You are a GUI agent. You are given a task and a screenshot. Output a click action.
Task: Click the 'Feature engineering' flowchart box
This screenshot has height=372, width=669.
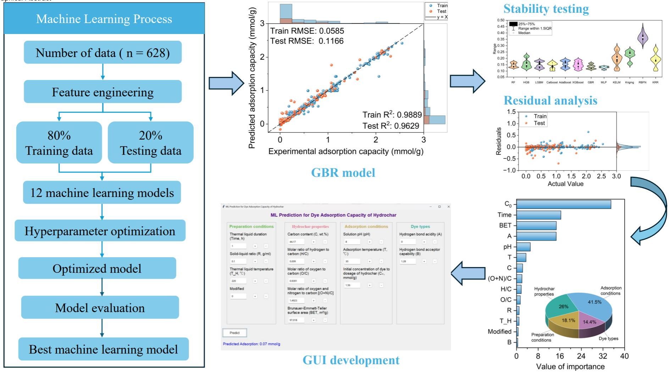[103, 92]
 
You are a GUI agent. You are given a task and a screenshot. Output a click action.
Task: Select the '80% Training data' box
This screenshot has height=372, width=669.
[59, 143]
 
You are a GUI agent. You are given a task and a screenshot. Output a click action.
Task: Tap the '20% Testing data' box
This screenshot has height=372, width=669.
[150, 143]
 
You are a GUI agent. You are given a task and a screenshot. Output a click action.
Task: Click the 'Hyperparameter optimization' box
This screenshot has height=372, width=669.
[100, 231]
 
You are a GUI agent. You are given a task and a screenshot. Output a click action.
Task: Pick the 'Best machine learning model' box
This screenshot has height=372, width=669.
[103, 349]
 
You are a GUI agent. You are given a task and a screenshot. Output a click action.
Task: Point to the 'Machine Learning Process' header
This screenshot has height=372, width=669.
[104, 19]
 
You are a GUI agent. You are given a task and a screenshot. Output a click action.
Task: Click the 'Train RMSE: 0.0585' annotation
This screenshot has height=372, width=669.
[307, 31]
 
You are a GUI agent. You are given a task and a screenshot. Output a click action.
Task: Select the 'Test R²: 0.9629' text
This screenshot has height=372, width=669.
[391, 126]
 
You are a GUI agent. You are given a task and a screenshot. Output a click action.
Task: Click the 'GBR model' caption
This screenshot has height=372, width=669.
[343, 173]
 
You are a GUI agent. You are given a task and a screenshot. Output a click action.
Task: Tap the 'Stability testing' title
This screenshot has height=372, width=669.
[546, 9]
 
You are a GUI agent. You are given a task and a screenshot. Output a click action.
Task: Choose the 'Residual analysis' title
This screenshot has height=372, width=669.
[550, 101]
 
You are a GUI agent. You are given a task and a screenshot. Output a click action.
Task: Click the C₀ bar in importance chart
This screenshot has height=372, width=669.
[563, 204]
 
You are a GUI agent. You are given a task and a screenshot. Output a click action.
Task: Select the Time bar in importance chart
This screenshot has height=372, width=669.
[538, 215]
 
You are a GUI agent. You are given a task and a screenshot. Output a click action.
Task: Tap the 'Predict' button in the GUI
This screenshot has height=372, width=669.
[234, 333]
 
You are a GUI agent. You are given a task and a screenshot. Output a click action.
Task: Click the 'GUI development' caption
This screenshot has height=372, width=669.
[351, 360]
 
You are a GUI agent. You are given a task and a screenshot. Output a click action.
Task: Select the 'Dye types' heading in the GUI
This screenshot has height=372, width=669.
[420, 226]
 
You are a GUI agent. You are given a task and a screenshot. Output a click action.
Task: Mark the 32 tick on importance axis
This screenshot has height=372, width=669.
[603, 356]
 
